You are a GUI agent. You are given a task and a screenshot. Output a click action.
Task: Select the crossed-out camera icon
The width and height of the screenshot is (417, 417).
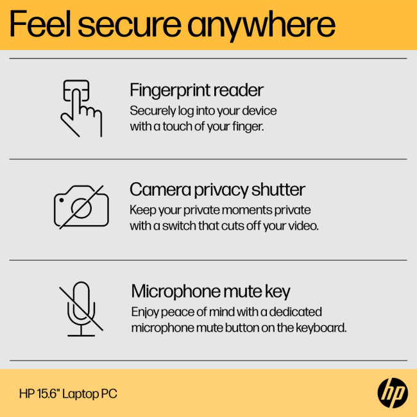click(x=81, y=206)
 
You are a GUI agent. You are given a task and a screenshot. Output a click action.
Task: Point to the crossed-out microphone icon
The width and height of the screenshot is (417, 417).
click(x=81, y=308)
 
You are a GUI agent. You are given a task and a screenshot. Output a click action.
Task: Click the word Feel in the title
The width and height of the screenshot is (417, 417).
click(x=47, y=24)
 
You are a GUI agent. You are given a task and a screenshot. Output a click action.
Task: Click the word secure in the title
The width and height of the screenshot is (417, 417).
click(x=137, y=24)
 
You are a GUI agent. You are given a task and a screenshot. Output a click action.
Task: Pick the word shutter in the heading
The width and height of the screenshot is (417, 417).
click(x=278, y=190)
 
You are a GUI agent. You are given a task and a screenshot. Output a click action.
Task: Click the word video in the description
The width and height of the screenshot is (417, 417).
click(x=302, y=226)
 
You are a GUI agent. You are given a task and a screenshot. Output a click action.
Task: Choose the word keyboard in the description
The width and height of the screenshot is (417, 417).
click(x=321, y=327)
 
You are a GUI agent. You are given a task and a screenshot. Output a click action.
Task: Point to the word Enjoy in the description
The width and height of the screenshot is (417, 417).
click(x=144, y=312)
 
